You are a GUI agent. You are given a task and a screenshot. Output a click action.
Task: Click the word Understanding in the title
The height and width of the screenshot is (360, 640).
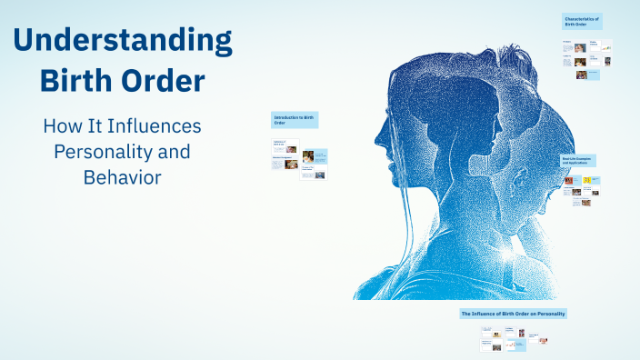(x=123, y=41)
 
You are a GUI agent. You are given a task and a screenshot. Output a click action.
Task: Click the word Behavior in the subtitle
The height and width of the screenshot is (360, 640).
(x=122, y=176)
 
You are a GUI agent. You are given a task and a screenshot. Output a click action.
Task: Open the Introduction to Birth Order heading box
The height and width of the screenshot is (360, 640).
(x=295, y=119)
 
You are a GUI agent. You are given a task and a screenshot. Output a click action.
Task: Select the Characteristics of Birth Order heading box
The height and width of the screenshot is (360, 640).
(x=583, y=21)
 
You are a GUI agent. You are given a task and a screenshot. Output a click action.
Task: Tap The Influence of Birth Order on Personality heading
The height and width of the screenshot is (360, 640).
(x=514, y=314)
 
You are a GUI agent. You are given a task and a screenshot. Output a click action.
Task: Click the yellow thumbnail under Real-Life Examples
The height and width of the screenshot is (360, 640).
(x=586, y=181)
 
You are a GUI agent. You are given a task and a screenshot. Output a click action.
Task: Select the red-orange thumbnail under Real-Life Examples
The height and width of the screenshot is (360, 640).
(x=568, y=181)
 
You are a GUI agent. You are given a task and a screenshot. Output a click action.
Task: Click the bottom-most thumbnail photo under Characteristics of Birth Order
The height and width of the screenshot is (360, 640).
(x=581, y=75)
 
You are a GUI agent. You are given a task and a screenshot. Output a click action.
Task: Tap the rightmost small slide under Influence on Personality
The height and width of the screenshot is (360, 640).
(x=543, y=341)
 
